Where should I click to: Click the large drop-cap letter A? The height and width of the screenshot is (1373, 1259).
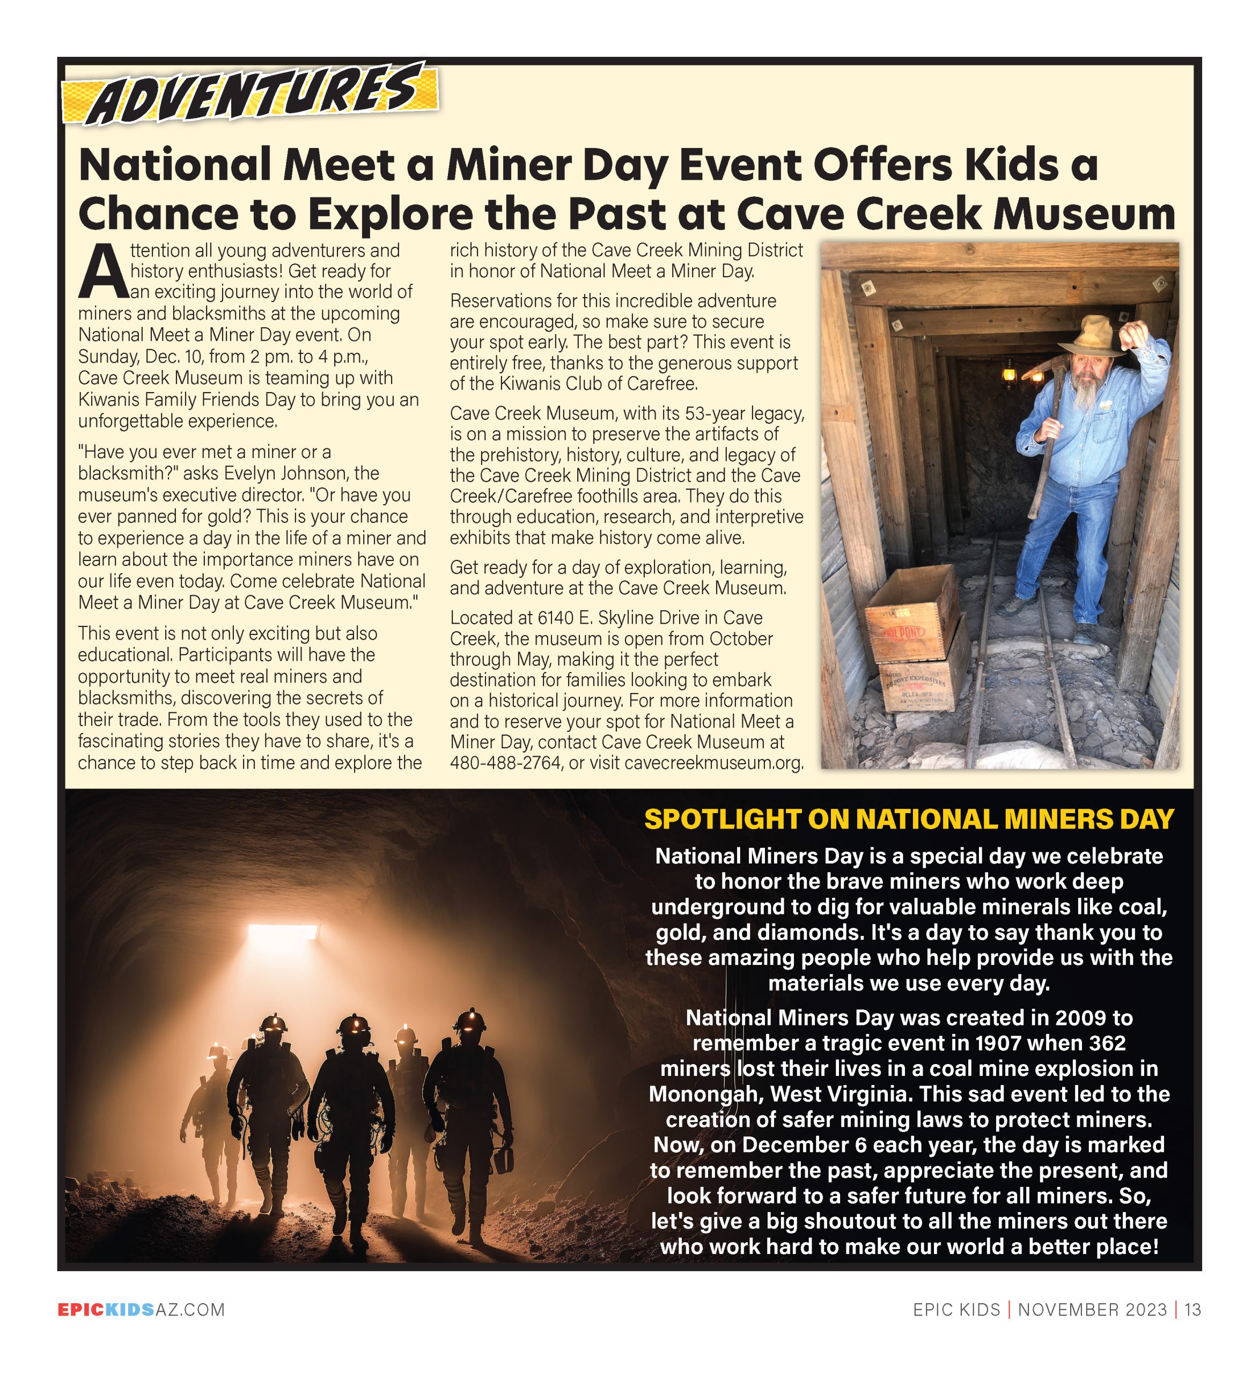102,272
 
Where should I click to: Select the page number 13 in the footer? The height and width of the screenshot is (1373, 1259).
1192,1310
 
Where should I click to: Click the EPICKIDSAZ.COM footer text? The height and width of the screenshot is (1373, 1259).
141,1310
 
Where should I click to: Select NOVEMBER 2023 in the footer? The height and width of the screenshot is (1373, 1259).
1092,1310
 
